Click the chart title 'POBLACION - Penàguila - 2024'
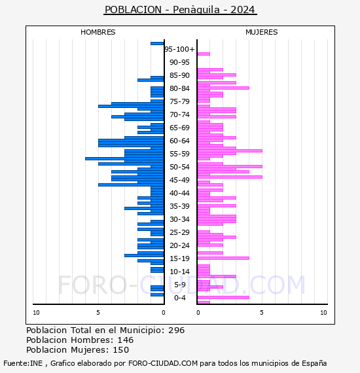tap(180, 10)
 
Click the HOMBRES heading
tap(98, 32)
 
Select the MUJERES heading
tap(262, 32)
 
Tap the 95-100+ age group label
tap(179, 49)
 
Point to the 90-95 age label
tap(179, 62)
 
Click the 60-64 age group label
tap(179, 141)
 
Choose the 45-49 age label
tap(179, 180)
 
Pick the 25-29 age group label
tap(179, 232)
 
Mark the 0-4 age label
tap(180, 298)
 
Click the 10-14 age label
tap(179, 272)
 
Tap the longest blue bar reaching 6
tap(124, 158)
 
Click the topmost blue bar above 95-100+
tap(157, 44)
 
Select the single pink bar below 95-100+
tap(204, 54)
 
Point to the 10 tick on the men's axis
tap(36, 313)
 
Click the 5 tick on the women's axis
tap(262, 313)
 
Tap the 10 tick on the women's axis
tap(323, 313)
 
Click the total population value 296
tap(176, 330)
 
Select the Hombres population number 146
tap(126, 340)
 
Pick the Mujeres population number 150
tap(121, 349)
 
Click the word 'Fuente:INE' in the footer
tap(23, 363)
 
